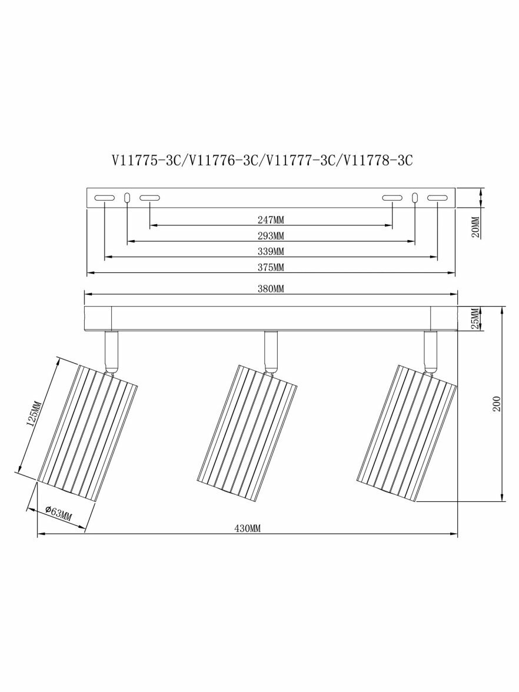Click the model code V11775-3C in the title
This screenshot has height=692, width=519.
point(148,161)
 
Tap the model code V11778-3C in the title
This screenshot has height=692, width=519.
point(378,161)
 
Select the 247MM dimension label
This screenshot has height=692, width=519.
point(271,219)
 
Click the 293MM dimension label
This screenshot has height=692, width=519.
point(271,235)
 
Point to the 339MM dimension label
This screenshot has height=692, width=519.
point(271,251)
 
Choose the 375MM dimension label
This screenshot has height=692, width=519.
point(271,267)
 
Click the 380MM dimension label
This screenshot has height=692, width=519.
point(271,288)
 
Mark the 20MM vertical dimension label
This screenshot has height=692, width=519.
point(475,227)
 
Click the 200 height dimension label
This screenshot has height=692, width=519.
point(497,403)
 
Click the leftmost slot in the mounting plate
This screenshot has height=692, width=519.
point(105,198)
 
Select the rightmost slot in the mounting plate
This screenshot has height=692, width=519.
point(437,199)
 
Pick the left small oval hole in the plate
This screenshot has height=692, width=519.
point(128,198)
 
